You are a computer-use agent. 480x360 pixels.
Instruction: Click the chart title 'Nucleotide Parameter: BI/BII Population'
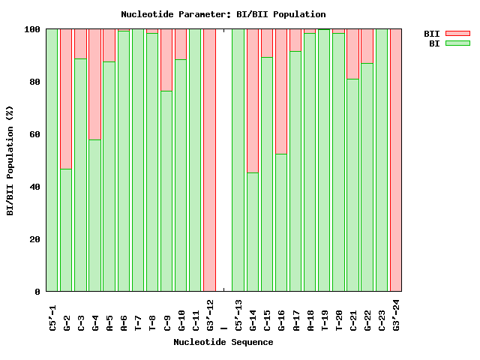[223, 14]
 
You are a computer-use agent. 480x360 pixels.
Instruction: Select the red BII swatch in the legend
[457, 34]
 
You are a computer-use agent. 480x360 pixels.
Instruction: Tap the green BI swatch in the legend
[457, 43]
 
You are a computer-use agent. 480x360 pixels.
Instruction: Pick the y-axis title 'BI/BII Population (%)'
[10, 160]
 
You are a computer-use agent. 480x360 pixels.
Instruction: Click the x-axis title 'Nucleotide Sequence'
[223, 342]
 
